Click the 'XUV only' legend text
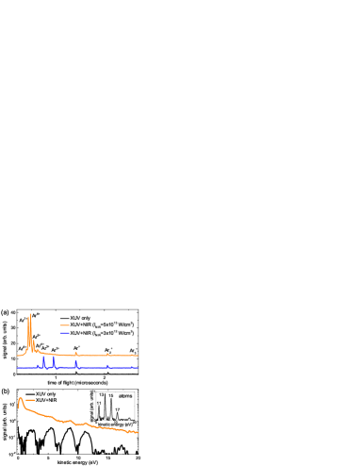coord(80,318)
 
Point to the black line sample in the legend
coord(65,318)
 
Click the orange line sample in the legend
coord(65,325)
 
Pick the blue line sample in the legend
coord(65,333)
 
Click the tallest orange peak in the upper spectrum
coord(30,315)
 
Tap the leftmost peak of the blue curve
coord(43,358)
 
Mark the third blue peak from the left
coord(75,361)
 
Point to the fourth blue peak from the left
coord(107,365)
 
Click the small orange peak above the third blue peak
coord(75,352)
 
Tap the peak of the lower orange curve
coord(20,397)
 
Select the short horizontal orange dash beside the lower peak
coord(30,400)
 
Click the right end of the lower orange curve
coord(139,432)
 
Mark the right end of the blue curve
coord(139,368)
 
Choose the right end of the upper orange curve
coord(139,356)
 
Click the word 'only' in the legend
coord(86,318)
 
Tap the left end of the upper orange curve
coord(17,356)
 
